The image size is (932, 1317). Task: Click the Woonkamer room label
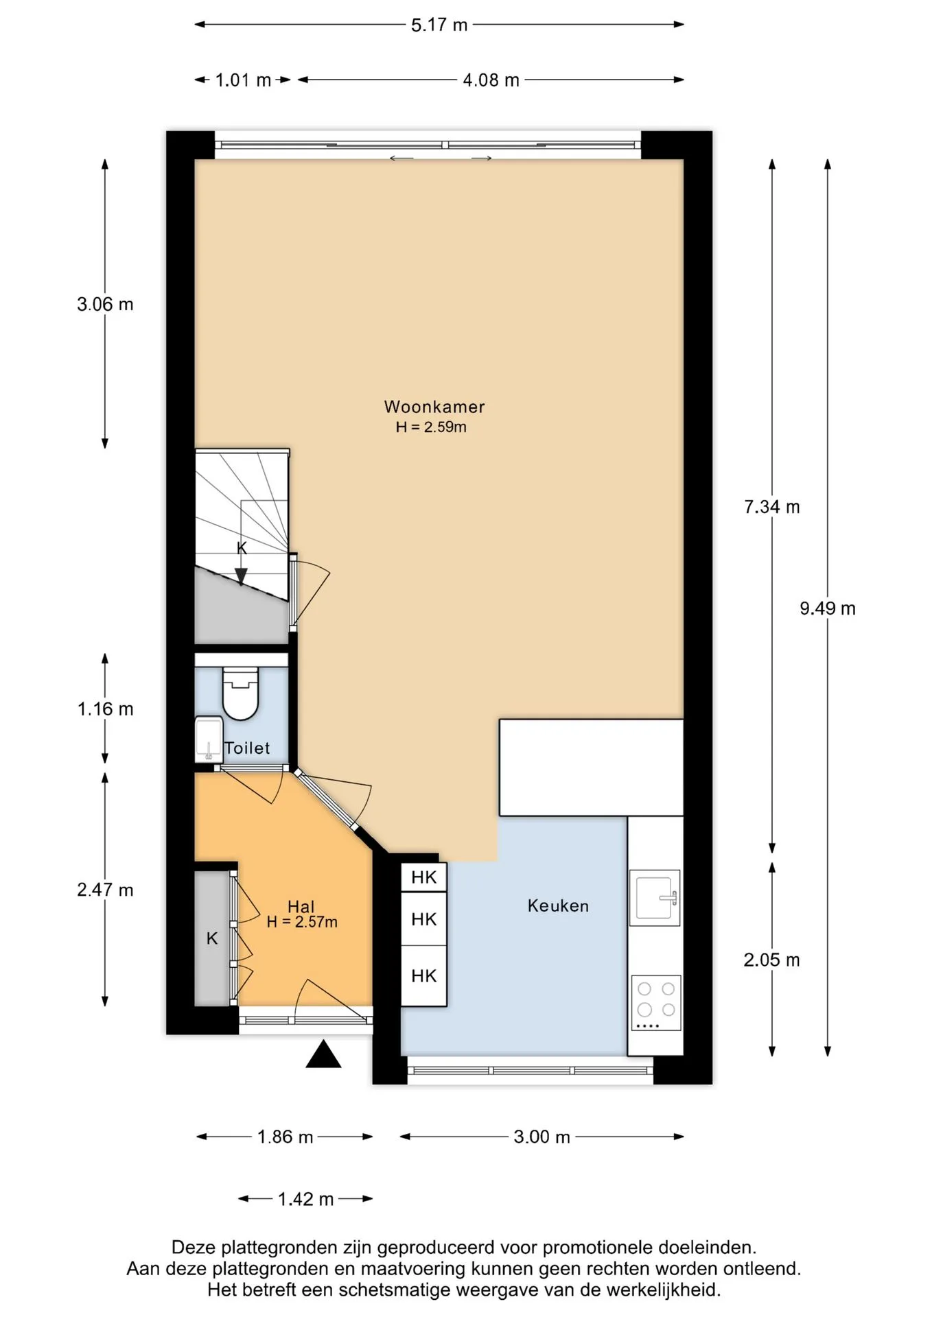point(434,407)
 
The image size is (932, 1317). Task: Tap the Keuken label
point(558,906)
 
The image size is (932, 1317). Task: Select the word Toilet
point(248,748)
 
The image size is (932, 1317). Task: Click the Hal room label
point(301,907)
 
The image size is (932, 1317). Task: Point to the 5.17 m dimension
point(439,25)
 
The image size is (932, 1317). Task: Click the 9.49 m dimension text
point(828,608)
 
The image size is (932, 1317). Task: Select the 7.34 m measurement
point(772,507)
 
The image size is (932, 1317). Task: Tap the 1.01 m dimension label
point(243,80)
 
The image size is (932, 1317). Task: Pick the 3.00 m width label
point(542,1137)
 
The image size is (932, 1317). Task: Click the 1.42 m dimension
point(305,1200)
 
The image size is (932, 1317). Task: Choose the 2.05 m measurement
point(772,960)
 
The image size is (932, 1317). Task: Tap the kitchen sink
point(655,895)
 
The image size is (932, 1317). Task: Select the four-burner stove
point(656,1002)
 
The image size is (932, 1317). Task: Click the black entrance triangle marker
point(323,1054)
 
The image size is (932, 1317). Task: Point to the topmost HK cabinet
point(423,877)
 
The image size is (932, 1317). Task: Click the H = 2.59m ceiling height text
point(431,427)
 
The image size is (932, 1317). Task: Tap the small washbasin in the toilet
point(209,739)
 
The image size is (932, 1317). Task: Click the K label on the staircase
point(242,548)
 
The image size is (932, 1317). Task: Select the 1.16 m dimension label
point(106,709)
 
